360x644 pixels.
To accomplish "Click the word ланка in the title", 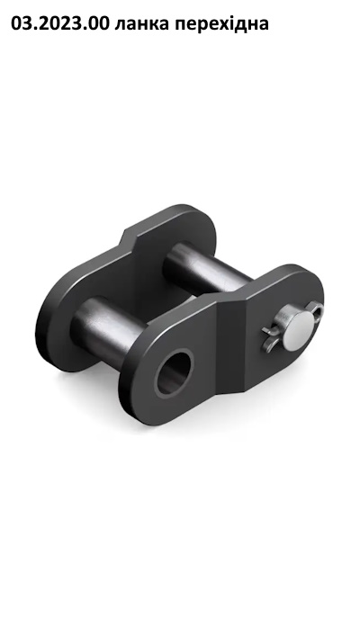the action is (141, 23).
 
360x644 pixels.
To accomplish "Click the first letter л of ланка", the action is (120, 25).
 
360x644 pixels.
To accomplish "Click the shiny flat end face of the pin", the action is (299, 330).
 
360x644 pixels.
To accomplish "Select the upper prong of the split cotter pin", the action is (267, 332).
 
